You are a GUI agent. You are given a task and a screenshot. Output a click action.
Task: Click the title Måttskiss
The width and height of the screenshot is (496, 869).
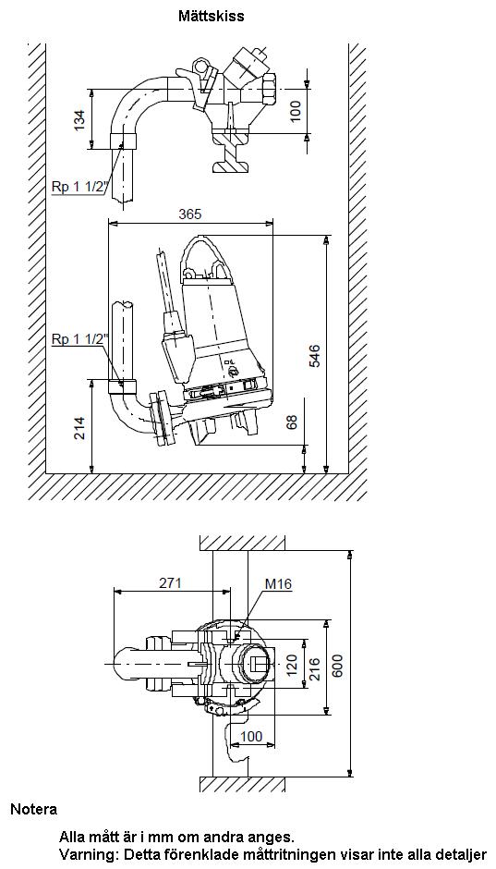point(211,16)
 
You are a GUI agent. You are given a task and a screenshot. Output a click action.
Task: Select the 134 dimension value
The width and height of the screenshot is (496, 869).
point(80,119)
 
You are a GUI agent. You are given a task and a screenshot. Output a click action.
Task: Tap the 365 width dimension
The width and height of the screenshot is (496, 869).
point(190,214)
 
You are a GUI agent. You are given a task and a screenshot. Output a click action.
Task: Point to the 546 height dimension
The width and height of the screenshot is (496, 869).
point(314,356)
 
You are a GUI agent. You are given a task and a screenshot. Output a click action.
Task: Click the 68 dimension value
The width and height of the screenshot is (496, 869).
point(292,422)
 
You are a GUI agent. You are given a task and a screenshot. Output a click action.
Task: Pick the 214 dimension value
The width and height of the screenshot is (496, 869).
point(80,428)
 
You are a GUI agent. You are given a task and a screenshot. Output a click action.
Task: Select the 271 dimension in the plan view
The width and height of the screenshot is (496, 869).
point(171,583)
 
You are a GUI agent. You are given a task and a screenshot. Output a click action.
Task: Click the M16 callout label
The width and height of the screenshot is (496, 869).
point(278,583)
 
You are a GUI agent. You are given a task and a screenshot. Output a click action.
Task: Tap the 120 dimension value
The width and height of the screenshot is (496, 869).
point(292,664)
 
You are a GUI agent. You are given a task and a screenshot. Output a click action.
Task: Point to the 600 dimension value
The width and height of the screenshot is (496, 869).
point(338,665)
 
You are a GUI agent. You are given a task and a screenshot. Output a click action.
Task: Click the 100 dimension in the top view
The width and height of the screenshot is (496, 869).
point(296,111)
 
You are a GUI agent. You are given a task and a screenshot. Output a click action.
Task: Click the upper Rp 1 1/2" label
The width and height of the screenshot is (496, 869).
point(79,187)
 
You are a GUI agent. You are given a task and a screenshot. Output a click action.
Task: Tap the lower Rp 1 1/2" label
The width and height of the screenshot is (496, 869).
point(79,339)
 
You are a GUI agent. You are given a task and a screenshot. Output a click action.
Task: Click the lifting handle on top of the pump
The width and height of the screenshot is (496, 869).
point(207,255)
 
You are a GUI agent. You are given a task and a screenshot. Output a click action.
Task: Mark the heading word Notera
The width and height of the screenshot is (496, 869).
point(34,809)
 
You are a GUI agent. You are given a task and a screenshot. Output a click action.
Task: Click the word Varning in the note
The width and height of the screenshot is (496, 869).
point(89,854)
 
